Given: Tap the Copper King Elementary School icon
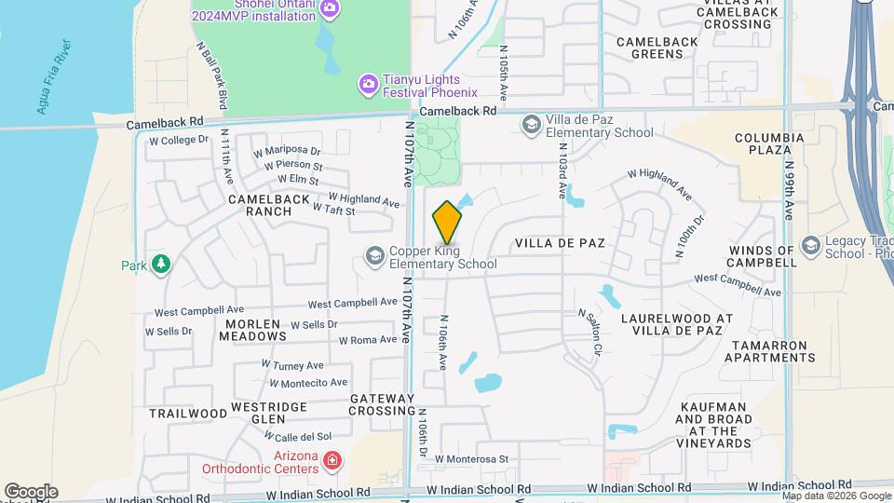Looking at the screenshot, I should [x=374, y=256].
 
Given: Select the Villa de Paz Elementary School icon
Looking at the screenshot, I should [x=531, y=125].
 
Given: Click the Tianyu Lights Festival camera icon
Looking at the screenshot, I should [x=369, y=85].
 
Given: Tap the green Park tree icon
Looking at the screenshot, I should [x=161, y=265].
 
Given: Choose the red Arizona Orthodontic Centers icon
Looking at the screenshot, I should [x=331, y=460].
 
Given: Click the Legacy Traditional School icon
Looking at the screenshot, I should [x=810, y=245].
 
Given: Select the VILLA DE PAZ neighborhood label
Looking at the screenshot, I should [x=560, y=243].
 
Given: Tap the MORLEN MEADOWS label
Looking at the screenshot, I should [x=254, y=329].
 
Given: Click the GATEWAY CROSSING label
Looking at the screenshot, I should [x=382, y=404].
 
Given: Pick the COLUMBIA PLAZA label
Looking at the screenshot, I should [x=768, y=143].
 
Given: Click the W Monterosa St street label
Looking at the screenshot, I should [x=471, y=459].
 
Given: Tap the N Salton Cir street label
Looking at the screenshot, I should [x=587, y=333].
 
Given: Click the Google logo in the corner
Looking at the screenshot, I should [x=31, y=491].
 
